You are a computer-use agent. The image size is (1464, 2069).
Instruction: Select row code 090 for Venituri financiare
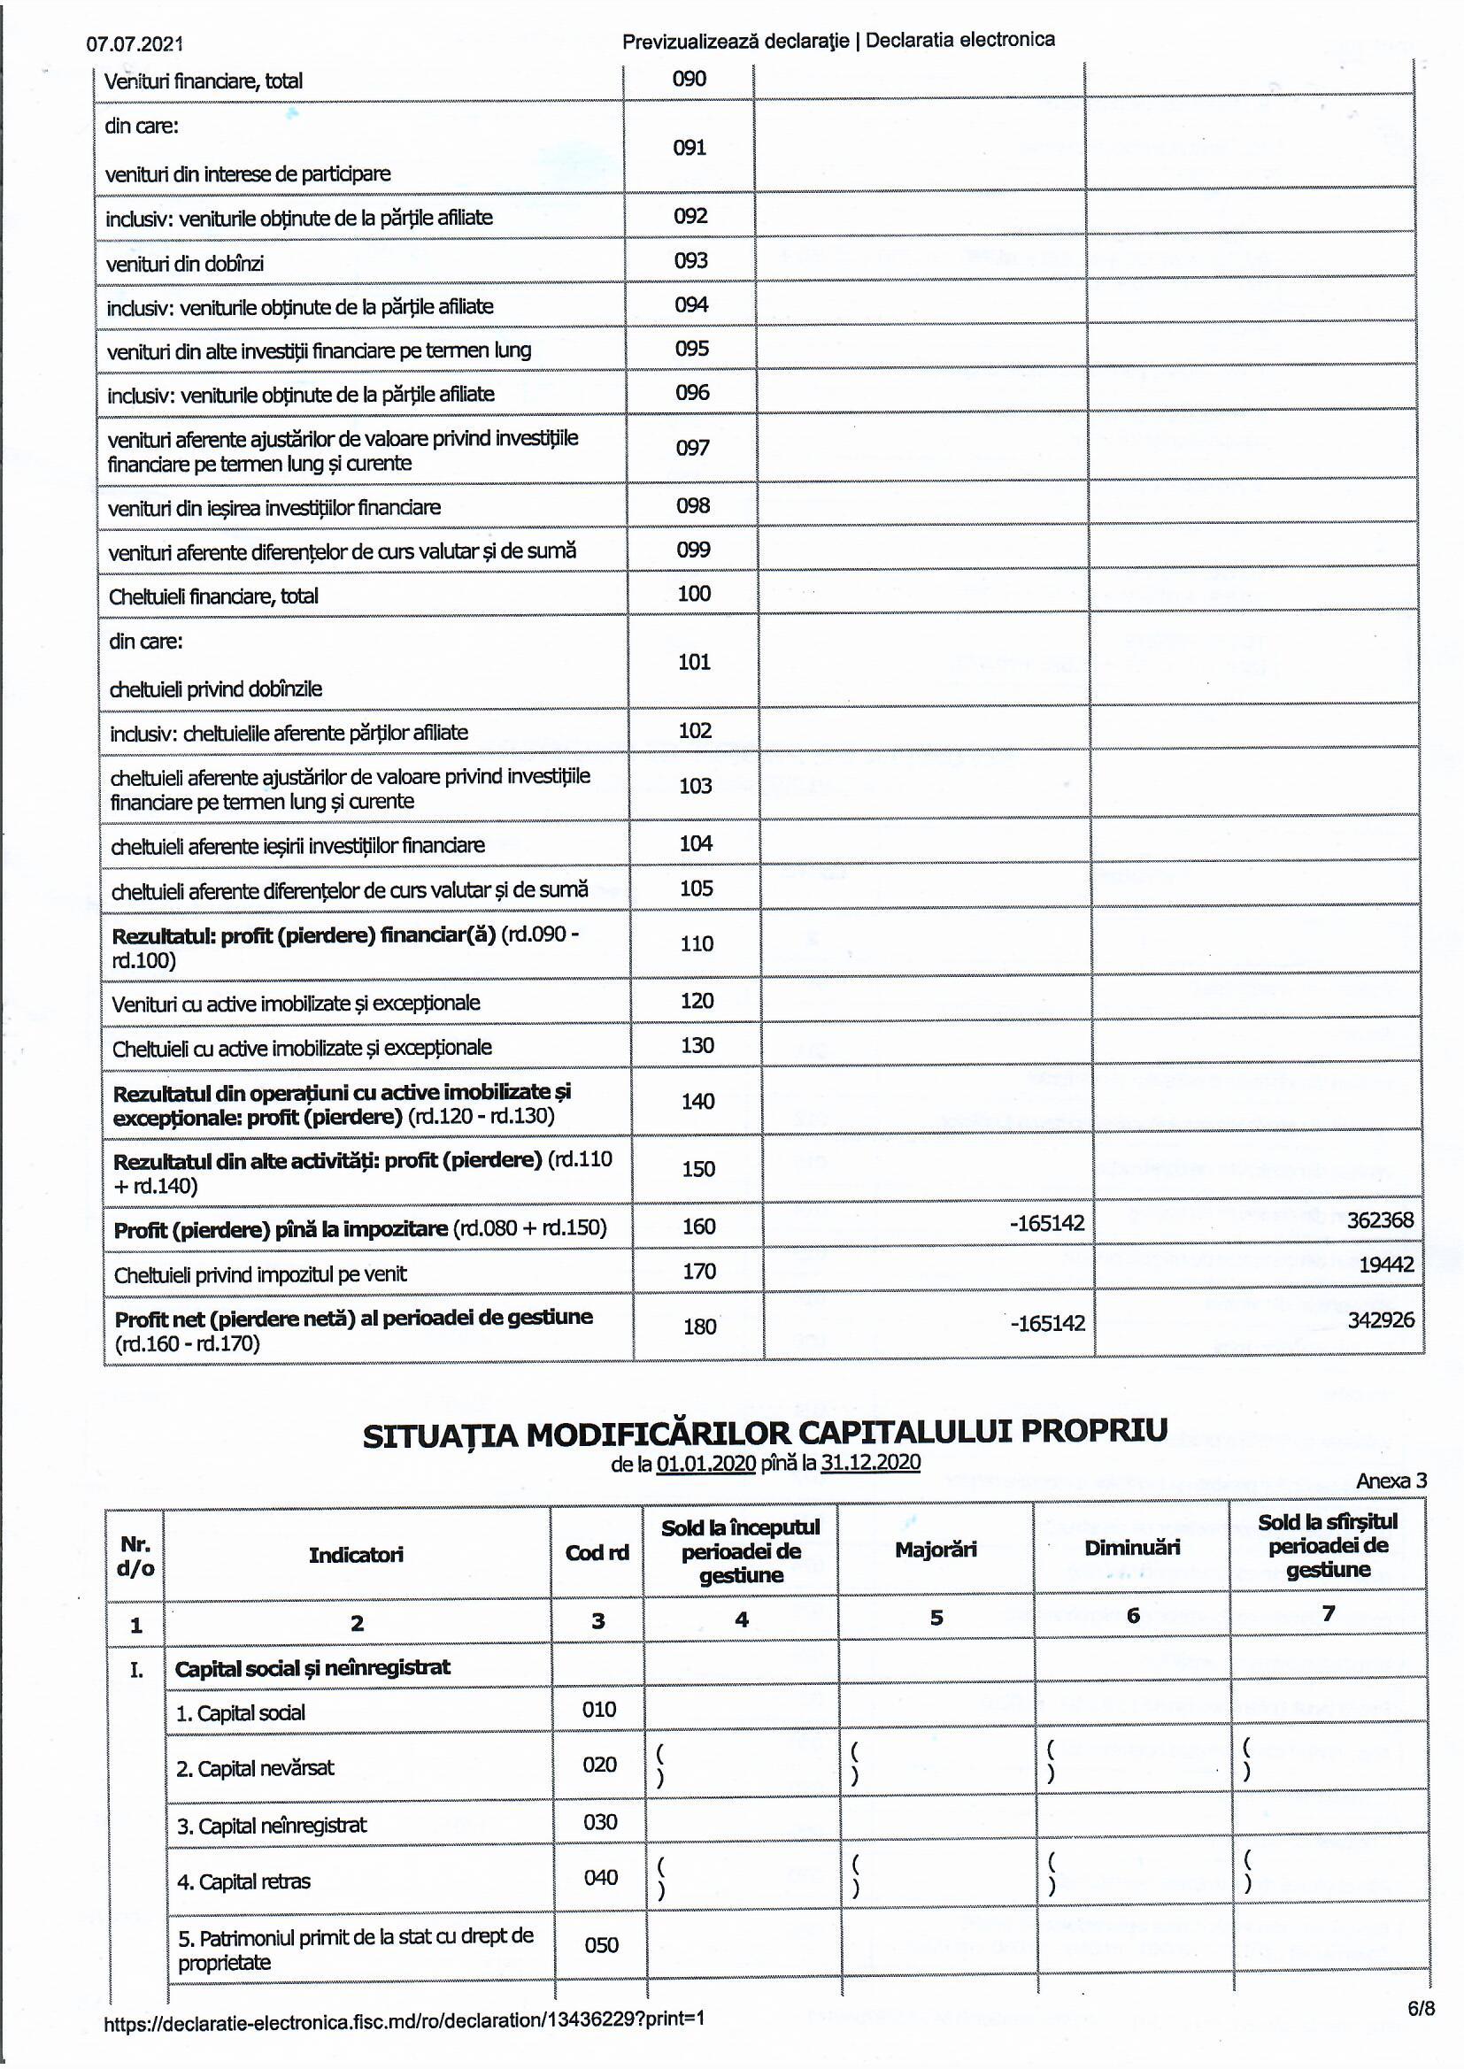[x=689, y=80]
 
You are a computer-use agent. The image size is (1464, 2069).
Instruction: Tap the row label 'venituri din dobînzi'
[x=185, y=264]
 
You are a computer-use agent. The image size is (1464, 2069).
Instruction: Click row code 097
[x=692, y=448]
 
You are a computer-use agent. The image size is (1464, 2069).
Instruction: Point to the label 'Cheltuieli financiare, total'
[x=212, y=596]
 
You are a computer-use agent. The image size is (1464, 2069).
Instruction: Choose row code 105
[x=696, y=888]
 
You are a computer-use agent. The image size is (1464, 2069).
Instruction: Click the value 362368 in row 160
[x=1379, y=1221]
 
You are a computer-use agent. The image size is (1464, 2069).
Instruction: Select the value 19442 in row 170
[x=1385, y=1265]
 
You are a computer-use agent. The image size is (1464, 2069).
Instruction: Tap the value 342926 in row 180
[x=1380, y=1320]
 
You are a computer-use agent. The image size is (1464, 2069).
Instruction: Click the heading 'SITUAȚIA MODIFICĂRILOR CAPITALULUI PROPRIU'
[x=765, y=1433]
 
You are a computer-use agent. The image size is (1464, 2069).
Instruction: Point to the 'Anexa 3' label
[x=1391, y=1481]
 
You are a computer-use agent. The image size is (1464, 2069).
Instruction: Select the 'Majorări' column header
[x=935, y=1550]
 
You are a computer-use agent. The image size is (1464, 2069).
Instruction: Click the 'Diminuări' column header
[x=1131, y=1548]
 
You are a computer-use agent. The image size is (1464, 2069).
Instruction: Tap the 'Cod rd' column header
[x=597, y=1553]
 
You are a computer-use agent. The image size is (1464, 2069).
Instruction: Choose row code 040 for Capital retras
[x=600, y=1878]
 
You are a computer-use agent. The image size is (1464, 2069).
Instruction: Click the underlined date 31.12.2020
[x=870, y=1463]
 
